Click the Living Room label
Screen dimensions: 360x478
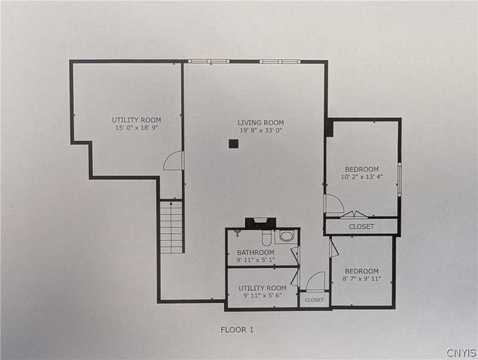pos(261,122)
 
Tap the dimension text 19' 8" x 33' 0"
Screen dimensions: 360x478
pos(261,130)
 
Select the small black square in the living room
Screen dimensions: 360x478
pos(234,145)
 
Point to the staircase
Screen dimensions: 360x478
pos(172,226)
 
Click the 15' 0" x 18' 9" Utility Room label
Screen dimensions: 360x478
pos(136,120)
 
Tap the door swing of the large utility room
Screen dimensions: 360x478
pos(174,160)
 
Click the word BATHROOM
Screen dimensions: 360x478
pos(255,252)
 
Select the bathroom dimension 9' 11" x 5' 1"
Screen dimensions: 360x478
pos(255,260)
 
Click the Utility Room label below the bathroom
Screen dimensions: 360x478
pos(262,288)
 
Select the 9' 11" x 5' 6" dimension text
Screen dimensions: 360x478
pos(262,296)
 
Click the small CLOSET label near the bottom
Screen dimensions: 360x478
pos(315,300)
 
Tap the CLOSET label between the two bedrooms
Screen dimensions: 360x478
pos(362,226)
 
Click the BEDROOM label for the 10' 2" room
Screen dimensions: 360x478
pos(361,169)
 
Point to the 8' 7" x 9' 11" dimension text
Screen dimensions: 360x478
pos(361,279)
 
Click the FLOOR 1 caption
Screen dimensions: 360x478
pos(238,329)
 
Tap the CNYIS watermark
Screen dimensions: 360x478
pos(460,352)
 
